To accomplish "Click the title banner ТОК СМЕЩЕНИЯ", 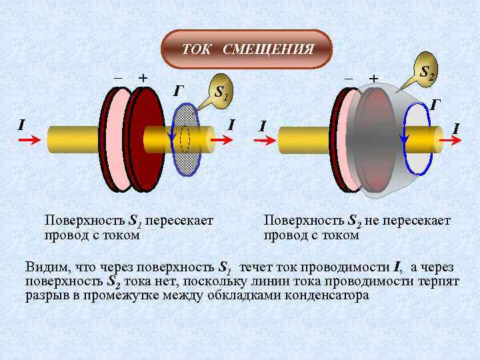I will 247,49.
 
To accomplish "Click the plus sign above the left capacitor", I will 142,77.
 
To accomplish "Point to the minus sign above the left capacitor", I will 118,77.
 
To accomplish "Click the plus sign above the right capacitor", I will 373,78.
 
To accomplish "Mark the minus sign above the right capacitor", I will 348,78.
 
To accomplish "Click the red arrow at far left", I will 29,141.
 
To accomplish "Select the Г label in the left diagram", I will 178,91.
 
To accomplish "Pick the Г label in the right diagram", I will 435,104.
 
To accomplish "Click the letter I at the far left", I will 21,124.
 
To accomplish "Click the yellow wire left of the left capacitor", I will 73,140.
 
